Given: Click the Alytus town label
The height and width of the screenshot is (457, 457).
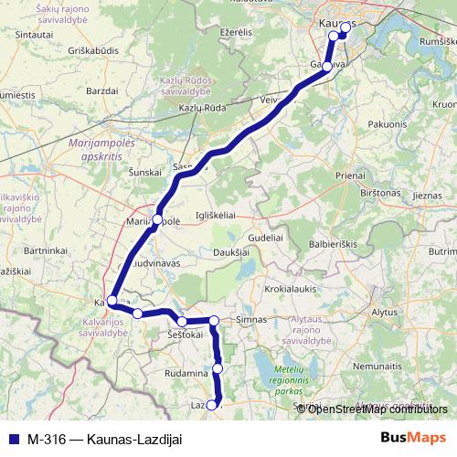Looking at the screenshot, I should [385, 312].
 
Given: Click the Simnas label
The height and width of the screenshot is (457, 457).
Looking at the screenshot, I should [251, 320].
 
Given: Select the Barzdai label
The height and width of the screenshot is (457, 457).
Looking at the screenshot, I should [101, 90].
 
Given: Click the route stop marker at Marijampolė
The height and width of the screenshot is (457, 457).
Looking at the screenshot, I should [157, 219].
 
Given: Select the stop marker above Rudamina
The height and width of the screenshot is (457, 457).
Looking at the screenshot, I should [218, 368].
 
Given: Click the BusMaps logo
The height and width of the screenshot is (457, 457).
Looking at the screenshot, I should [413, 439].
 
